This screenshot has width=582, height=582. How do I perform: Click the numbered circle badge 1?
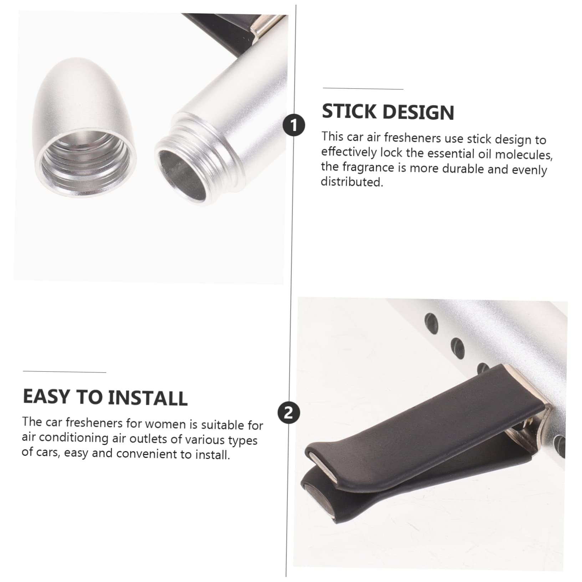pos(294,125)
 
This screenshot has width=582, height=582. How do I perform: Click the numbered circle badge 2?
pos(289,413)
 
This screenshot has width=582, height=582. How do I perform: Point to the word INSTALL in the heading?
pos(148,398)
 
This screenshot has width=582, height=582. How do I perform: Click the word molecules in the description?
pos(524,155)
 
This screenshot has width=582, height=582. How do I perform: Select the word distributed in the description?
pos(352,182)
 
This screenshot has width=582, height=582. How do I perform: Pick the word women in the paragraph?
pos(165,424)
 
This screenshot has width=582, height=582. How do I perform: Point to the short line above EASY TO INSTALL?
pos(65,372)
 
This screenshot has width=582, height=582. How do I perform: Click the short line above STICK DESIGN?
pos(363,88)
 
